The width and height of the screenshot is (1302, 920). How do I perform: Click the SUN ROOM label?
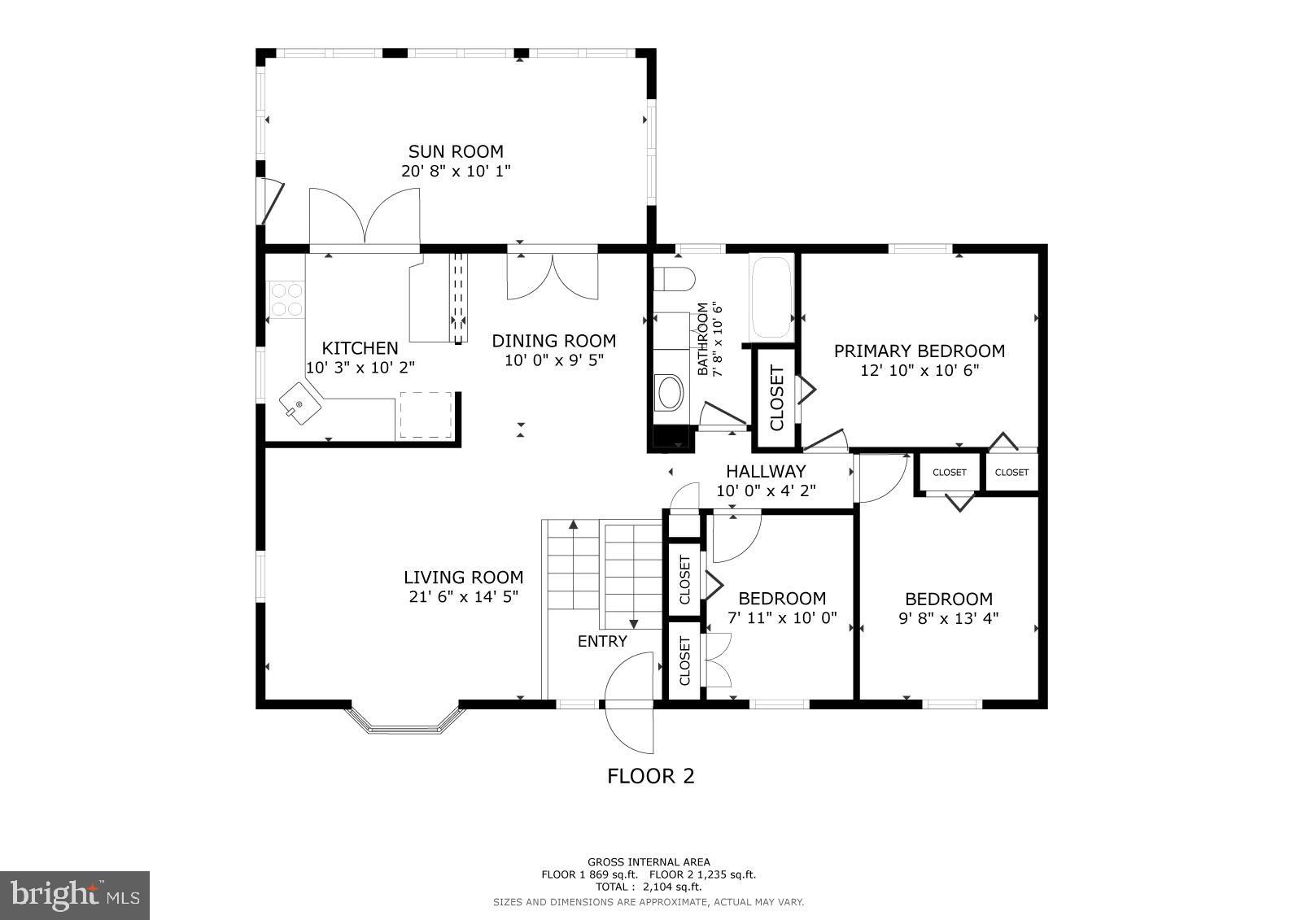pos(456,151)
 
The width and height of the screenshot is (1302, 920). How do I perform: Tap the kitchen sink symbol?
pos(300,404)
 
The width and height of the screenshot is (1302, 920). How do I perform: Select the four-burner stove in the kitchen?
pos(286,298)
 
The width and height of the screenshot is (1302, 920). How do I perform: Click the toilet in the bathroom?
pos(674,279)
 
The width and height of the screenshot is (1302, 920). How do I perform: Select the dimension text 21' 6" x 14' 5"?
pos(463,596)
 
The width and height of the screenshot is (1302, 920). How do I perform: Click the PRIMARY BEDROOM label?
pos(919,351)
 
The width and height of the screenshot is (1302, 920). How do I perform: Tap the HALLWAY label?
pos(766,471)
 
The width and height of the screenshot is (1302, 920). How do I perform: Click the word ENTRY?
pos(602,641)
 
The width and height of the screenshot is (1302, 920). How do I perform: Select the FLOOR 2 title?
pos(651,776)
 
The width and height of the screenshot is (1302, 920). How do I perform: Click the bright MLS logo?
pos(75,895)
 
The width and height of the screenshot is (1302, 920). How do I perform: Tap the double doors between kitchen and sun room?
pos(365,216)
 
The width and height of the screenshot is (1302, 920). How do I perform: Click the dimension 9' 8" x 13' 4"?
pos(948,618)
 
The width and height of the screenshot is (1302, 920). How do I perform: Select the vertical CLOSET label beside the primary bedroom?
pos(776,398)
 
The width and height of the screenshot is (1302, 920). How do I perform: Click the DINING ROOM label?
pos(553,341)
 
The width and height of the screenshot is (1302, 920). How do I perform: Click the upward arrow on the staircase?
pos(573,526)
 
